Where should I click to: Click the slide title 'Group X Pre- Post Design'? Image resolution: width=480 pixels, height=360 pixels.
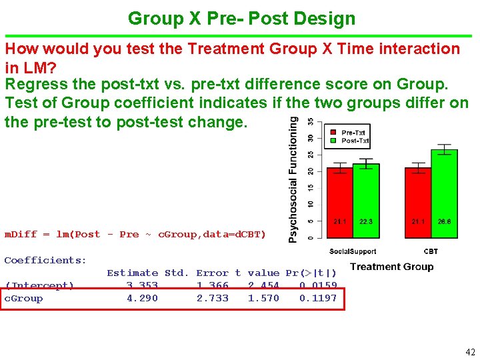click(x=241, y=18)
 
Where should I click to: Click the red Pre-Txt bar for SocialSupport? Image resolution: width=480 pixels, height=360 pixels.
click(x=340, y=200)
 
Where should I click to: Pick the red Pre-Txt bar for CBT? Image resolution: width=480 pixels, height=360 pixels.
click(x=418, y=200)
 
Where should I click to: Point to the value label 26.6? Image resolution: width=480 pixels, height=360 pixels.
click(x=444, y=221)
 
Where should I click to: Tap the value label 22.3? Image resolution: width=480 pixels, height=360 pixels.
click(x=366, y=221)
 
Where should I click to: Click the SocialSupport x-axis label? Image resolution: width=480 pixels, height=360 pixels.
click(x=353, y=251)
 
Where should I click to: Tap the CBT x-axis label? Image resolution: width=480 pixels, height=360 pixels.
click(x=431, y=251)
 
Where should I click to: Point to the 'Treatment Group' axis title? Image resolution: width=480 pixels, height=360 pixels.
click(x=391, y=267)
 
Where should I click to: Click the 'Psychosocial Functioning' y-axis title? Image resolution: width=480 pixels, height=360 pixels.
click(x=293, y=179)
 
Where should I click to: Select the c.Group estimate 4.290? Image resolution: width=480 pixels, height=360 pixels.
click(x=142, y=299)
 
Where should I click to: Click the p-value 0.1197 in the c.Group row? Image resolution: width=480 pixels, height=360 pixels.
click(x=318, y=299)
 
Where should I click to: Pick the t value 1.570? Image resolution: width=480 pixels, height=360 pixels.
click(x=263, y=299)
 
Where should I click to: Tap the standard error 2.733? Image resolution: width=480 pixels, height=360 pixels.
click(x=212, y=299)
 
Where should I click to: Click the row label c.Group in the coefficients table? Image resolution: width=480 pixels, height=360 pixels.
click(x=24, y=299)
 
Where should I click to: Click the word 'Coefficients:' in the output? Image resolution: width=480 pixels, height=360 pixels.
click(x=45, y=260)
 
